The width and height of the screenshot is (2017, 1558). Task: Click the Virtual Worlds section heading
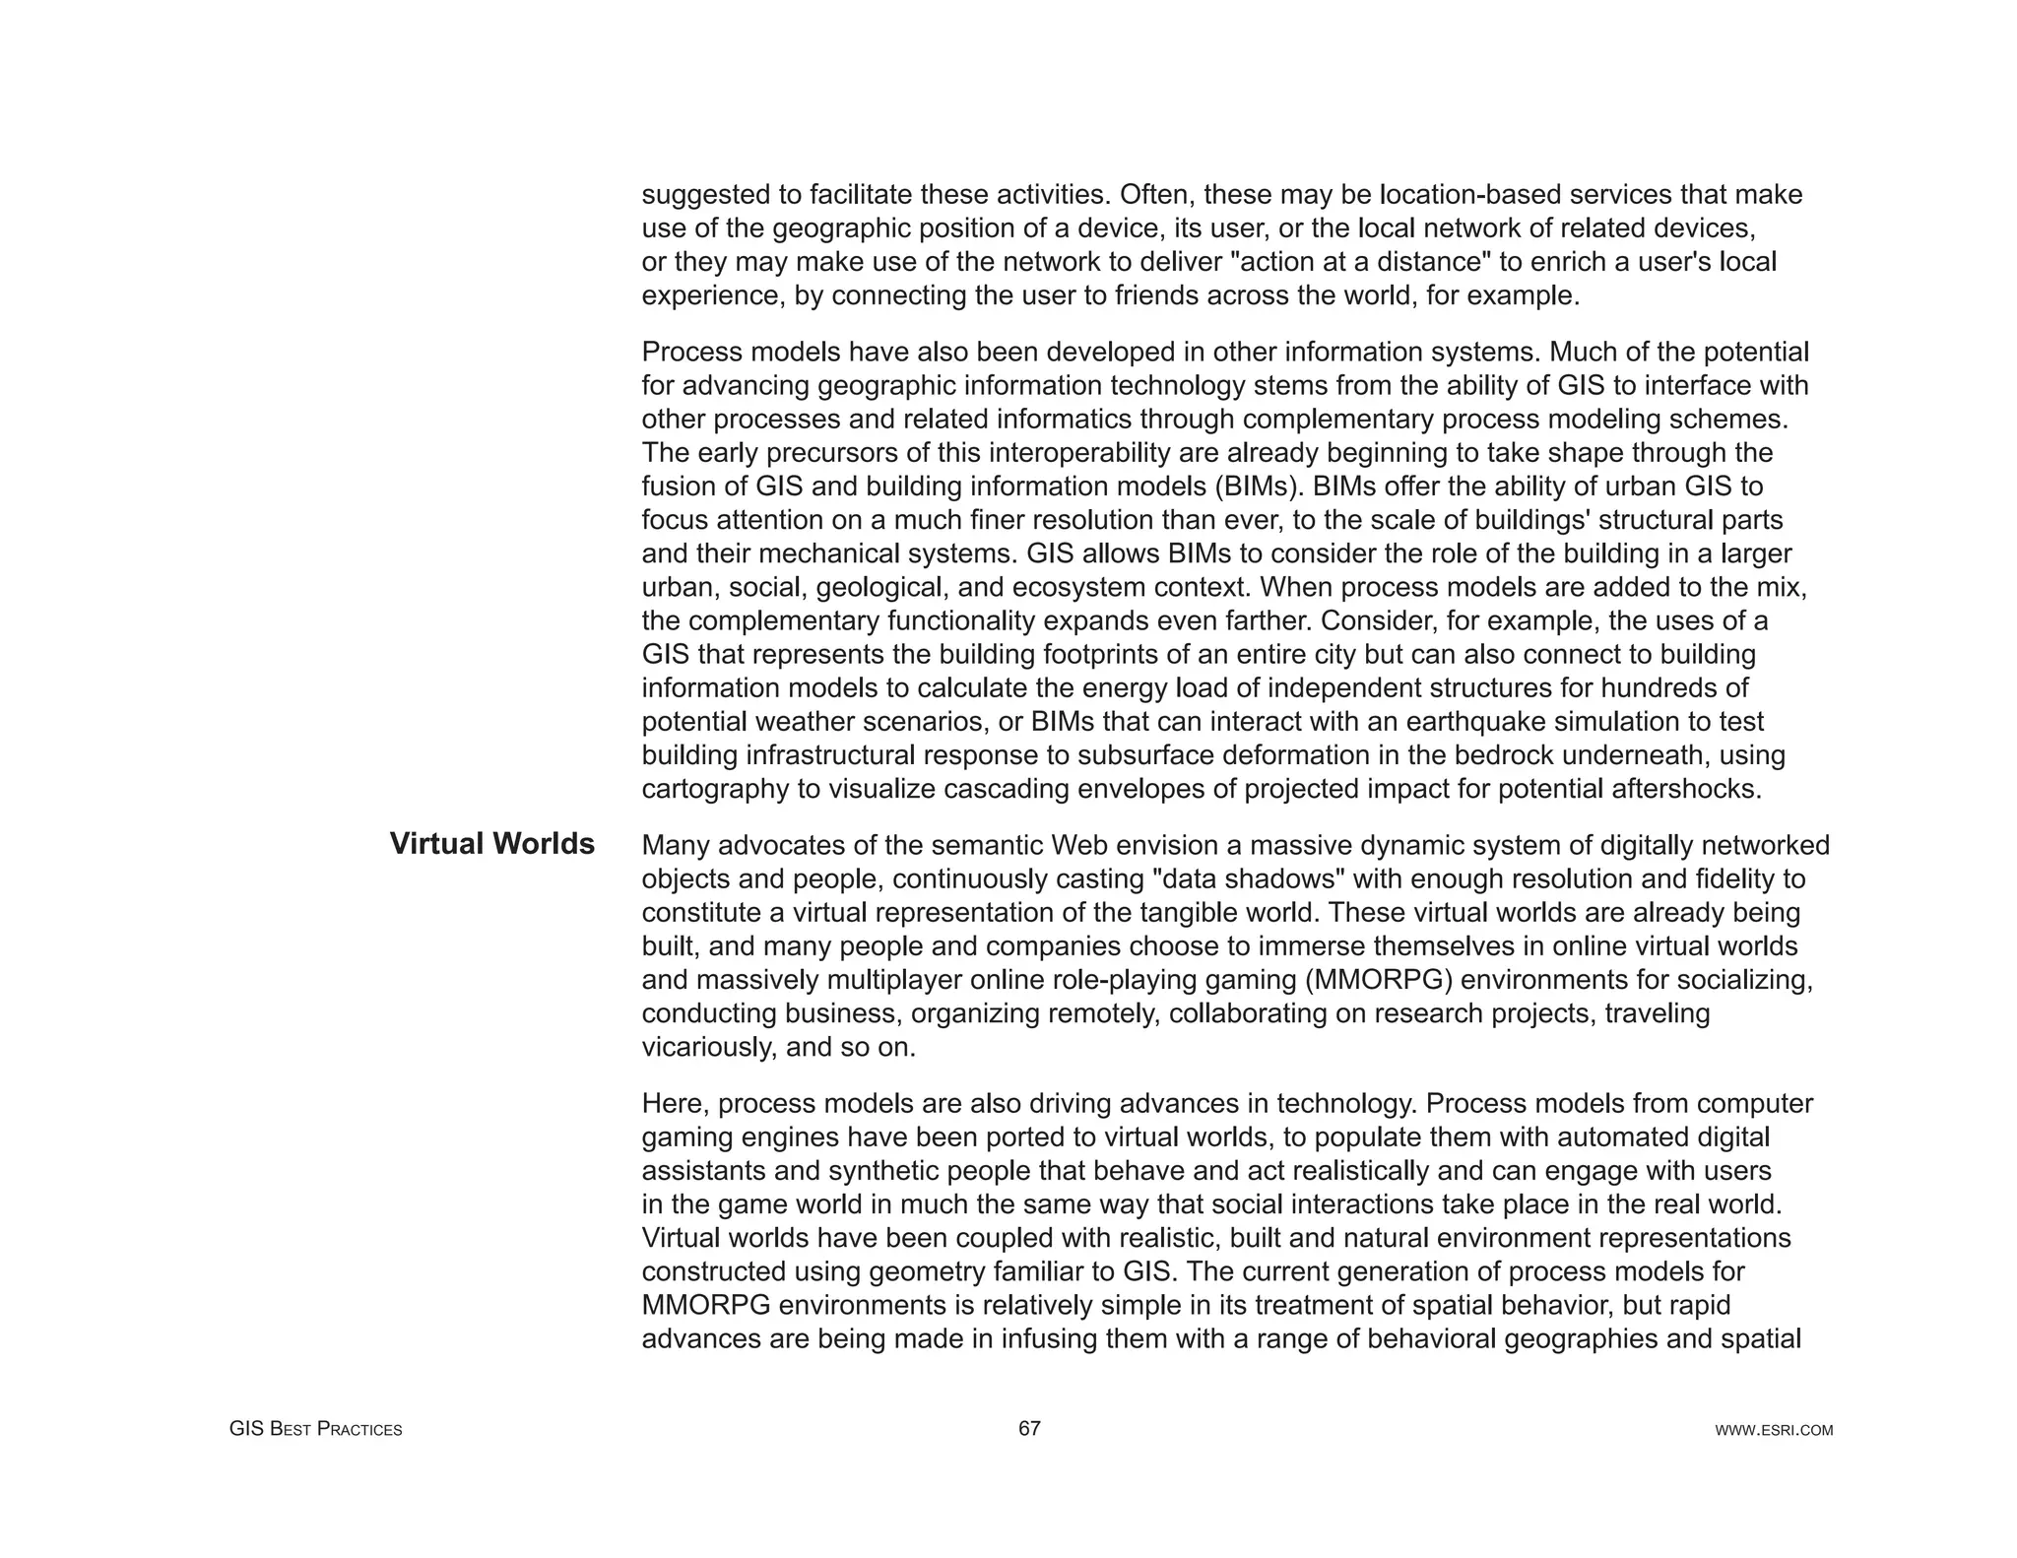(491, 844)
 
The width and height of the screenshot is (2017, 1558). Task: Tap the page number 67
(1029, 1428)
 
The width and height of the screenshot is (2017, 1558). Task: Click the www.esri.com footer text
(1774, 1430)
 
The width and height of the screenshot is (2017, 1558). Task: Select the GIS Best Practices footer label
(315, 1429)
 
